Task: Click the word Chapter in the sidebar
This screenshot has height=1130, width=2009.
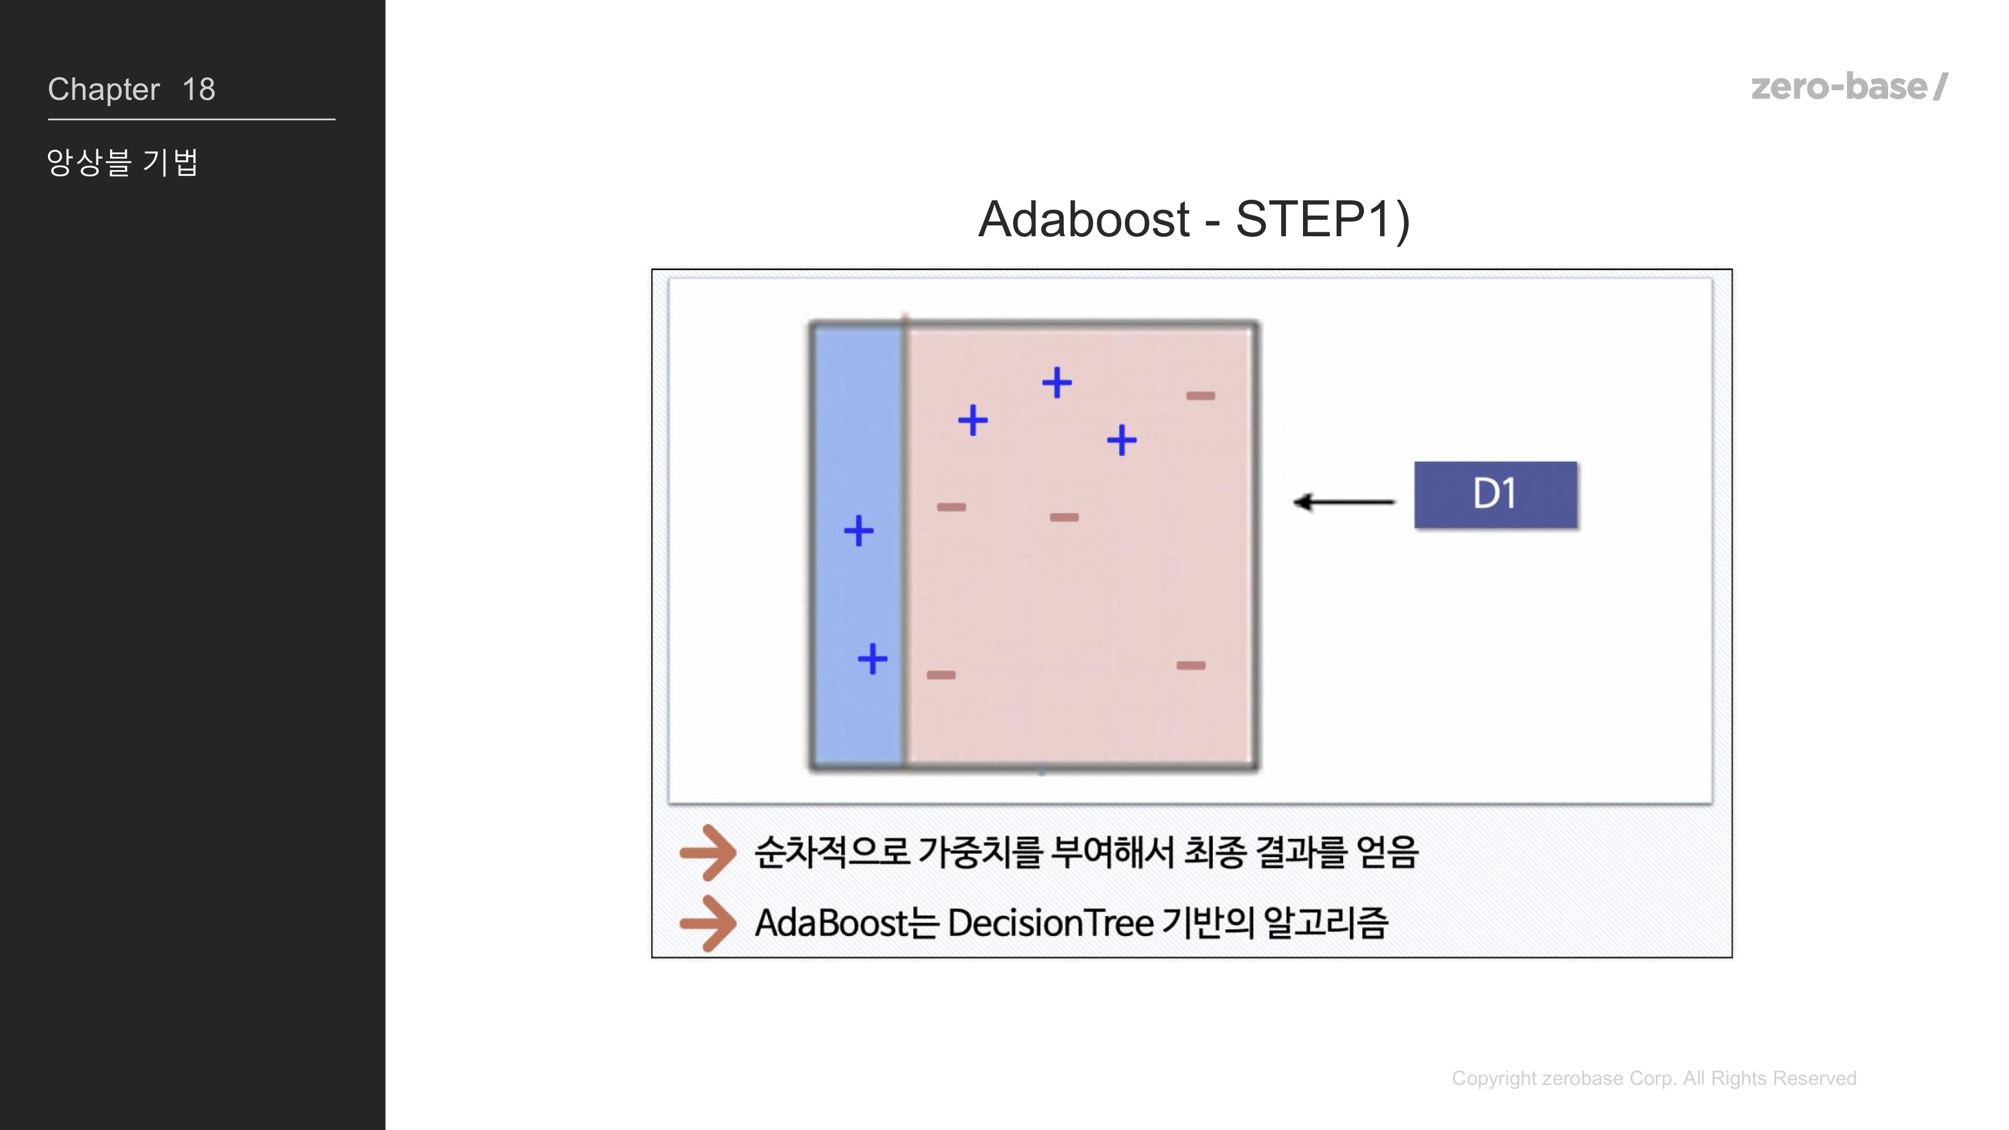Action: click(x=104, y=90)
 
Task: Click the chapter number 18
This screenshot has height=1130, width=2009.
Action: click(x=199, y=90)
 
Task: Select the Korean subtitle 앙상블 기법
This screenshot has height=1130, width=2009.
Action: click(x=123, y=162)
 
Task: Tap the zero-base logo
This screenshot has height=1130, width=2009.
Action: click(x=1849, y=87)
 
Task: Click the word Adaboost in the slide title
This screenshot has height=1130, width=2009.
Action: click(x=1084, y=219)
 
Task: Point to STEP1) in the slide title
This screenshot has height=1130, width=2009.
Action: click(x=1323, y=219)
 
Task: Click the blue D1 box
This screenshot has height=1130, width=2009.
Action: click(x=1495, y=494)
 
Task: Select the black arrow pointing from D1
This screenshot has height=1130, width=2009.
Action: click(x=1344, y=502)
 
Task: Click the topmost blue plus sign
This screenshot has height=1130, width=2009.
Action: click(x=1057, y=383)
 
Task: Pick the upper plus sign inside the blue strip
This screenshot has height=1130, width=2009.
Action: click(x=858, y=531)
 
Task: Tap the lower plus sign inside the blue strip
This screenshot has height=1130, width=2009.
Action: click(x=872, y=659)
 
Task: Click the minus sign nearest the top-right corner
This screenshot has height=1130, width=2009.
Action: click(x=1200, y=395)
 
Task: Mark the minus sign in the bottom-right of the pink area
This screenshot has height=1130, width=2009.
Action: click(x=1191, y=665)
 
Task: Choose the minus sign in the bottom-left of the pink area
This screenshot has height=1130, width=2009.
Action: click(x=941, y=675)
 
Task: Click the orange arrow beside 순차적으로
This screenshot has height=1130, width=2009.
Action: click(x=707, y=853)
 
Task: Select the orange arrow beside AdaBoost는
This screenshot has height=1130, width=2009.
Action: click(x=707, y=923)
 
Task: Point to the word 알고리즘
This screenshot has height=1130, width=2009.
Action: click(x=1326, y=923)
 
